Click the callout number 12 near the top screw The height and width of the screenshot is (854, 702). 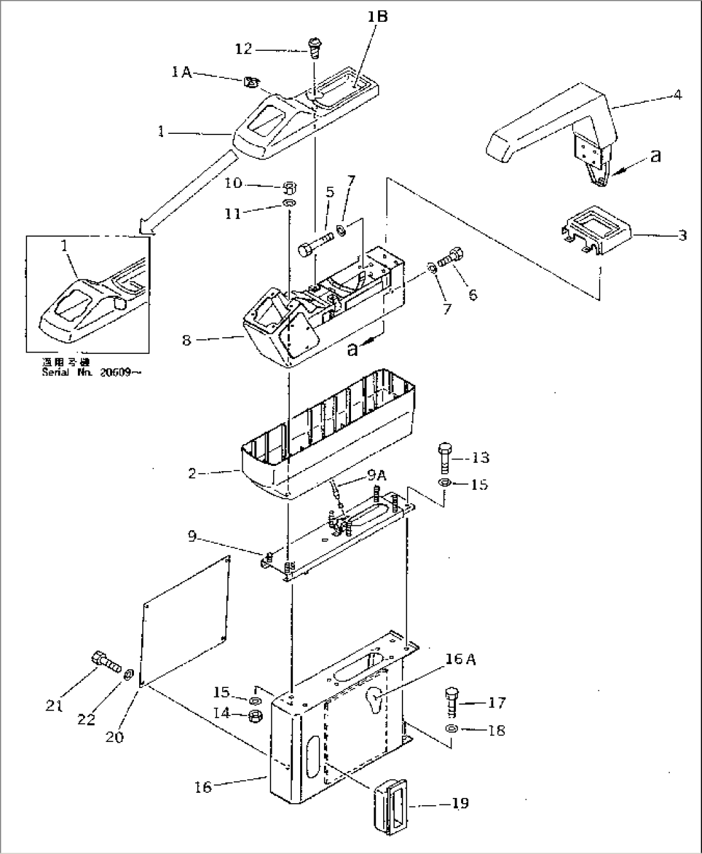244,50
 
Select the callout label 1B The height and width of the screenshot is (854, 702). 377,17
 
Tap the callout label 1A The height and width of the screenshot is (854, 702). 182,73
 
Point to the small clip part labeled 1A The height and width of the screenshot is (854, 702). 252,82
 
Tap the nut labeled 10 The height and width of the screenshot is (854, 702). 290,188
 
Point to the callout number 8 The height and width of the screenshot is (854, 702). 186,340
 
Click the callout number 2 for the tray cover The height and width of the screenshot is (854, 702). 193,474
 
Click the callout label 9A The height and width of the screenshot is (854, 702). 377,476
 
